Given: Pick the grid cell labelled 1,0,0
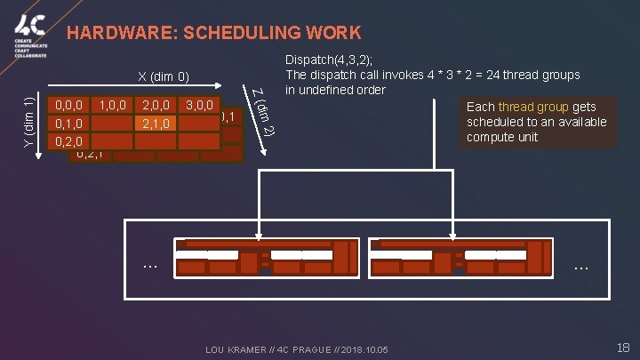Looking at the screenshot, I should tap(113, 105).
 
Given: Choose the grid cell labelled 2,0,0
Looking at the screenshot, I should tap(156, 105).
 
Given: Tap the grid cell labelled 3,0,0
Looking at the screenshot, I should tap(199, 105).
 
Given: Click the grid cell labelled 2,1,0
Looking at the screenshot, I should tap(156, 123).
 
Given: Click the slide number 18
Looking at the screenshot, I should tap(622, 348).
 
